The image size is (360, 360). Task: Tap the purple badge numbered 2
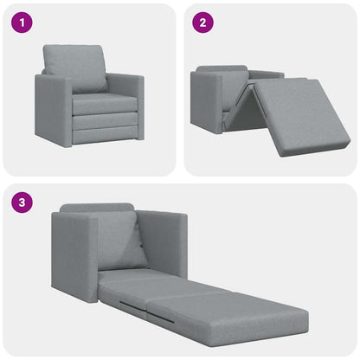tap(201, 22)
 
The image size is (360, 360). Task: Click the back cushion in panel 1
tap(75, 67)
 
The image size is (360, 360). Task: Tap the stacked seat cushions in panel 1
tap(104, 117)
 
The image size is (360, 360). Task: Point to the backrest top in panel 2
tap(222, 69)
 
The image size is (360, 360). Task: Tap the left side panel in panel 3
tap(74, 254)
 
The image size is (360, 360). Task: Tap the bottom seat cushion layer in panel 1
tap(104, 133)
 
